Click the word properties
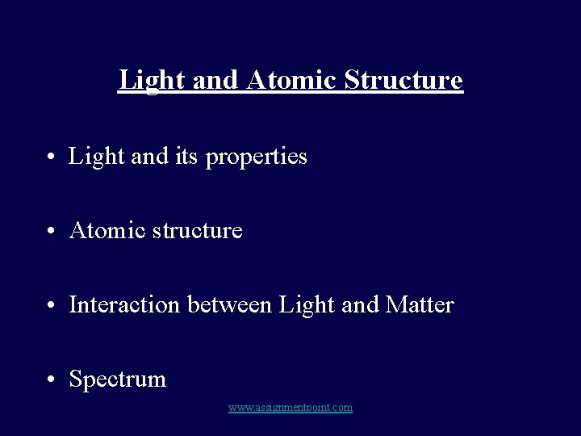[x=257, y=157]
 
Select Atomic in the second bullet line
[x=103, y=230]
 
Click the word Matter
[x=420, y=304]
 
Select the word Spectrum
[x=118, y=379]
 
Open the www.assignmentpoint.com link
[x=290, y=408]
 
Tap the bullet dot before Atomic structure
[x=51, y=232]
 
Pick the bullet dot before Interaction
[x=51, y=306]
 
